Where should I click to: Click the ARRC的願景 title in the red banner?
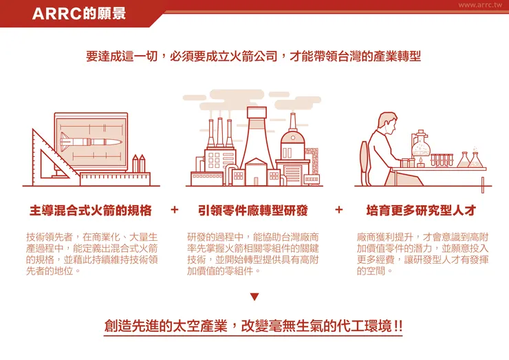coord(78,14)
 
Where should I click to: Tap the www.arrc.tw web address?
coord(479,5)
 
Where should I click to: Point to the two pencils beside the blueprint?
coord(138,164)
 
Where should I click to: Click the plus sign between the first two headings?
coord(174,209)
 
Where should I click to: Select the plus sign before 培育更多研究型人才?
coord(338,209)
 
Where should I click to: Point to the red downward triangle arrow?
coord(254,297)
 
